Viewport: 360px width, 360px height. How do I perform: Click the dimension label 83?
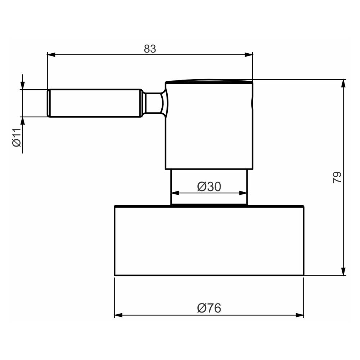coord(150,49)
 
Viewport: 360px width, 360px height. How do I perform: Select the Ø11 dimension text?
coord(17,138)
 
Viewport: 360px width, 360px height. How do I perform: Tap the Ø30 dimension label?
coord(209,186)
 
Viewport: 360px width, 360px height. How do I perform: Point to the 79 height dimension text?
coord(337,177)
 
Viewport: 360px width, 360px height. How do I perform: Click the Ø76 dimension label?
coord(209,308)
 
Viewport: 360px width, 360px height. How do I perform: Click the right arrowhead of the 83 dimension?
coord(249,55)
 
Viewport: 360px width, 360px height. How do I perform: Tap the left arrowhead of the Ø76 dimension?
coord(118,315)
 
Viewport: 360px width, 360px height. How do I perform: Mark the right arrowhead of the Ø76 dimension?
coord(300,315)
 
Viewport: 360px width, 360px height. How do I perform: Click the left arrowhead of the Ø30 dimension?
coord(175,193)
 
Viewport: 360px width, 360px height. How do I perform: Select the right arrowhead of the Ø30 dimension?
coord(244,193)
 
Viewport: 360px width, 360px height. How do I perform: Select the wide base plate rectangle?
coord(209,240)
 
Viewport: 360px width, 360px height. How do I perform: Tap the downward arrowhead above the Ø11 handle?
coord(23,85)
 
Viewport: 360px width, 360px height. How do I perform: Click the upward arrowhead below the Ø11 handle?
coord(23,121)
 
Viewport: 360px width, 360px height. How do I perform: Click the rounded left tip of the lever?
coord(49,103)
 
